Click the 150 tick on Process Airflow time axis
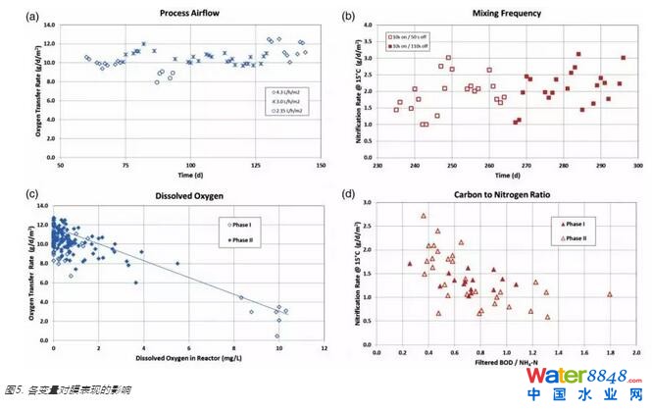pos(317,164)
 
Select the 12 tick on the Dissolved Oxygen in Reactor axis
pos(324,349)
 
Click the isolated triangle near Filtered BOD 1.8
pos(609,294)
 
